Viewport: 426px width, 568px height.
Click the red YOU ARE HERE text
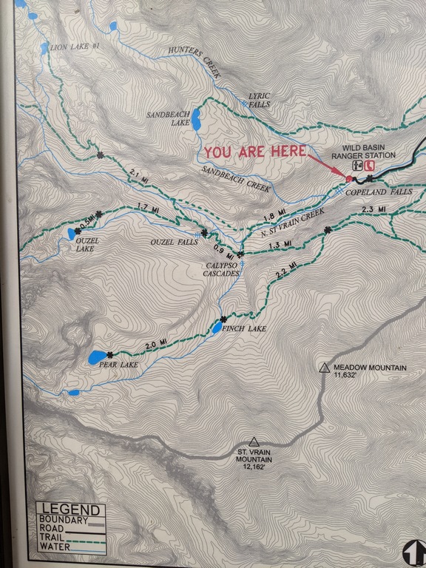255,151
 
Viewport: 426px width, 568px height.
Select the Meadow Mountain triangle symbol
324,368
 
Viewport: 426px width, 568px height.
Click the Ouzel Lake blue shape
71,233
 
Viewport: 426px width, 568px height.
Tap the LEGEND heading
70,510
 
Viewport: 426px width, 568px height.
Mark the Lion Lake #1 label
76,47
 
